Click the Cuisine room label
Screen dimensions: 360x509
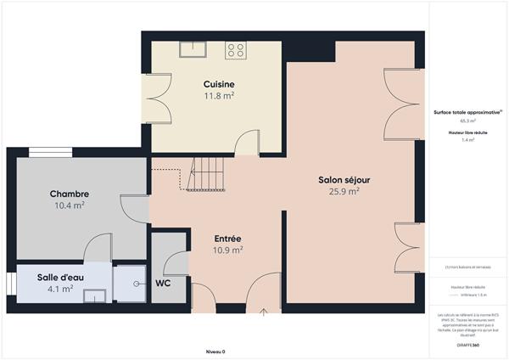[219, 84]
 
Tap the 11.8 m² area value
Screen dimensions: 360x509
[219, 96]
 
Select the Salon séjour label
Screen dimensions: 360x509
[344, 180]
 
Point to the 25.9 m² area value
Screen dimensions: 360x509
[344, 192]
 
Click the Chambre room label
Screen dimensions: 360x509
[69, 194]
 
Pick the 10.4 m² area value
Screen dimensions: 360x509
[69, 205]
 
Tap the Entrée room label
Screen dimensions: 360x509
[228, 239]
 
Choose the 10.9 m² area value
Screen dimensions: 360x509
[228, 250]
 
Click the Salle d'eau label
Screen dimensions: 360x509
[59, 277]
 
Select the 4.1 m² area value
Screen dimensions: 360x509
[59, 289]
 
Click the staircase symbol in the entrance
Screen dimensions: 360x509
[207, 175]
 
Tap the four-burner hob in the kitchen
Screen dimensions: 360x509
[235, 49]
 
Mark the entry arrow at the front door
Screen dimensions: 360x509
[263, 311]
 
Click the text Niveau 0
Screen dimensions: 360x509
[215, 352]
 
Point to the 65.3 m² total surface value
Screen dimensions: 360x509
[467, 121]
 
